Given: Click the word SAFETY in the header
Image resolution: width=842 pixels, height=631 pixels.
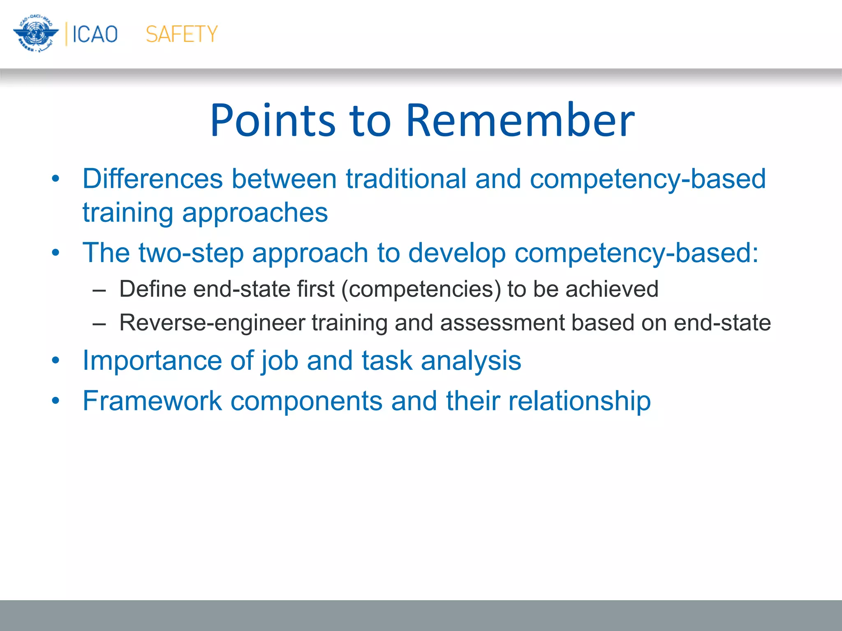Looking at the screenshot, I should coord(181,34).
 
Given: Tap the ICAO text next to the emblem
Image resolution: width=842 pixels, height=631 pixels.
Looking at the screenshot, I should coord(95,34).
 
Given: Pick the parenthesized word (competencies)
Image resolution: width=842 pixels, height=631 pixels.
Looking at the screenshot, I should coord(421,289).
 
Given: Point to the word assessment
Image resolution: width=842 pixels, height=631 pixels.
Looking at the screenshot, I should coord(502,323).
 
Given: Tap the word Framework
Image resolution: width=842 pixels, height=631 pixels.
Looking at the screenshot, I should coord(152,401).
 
